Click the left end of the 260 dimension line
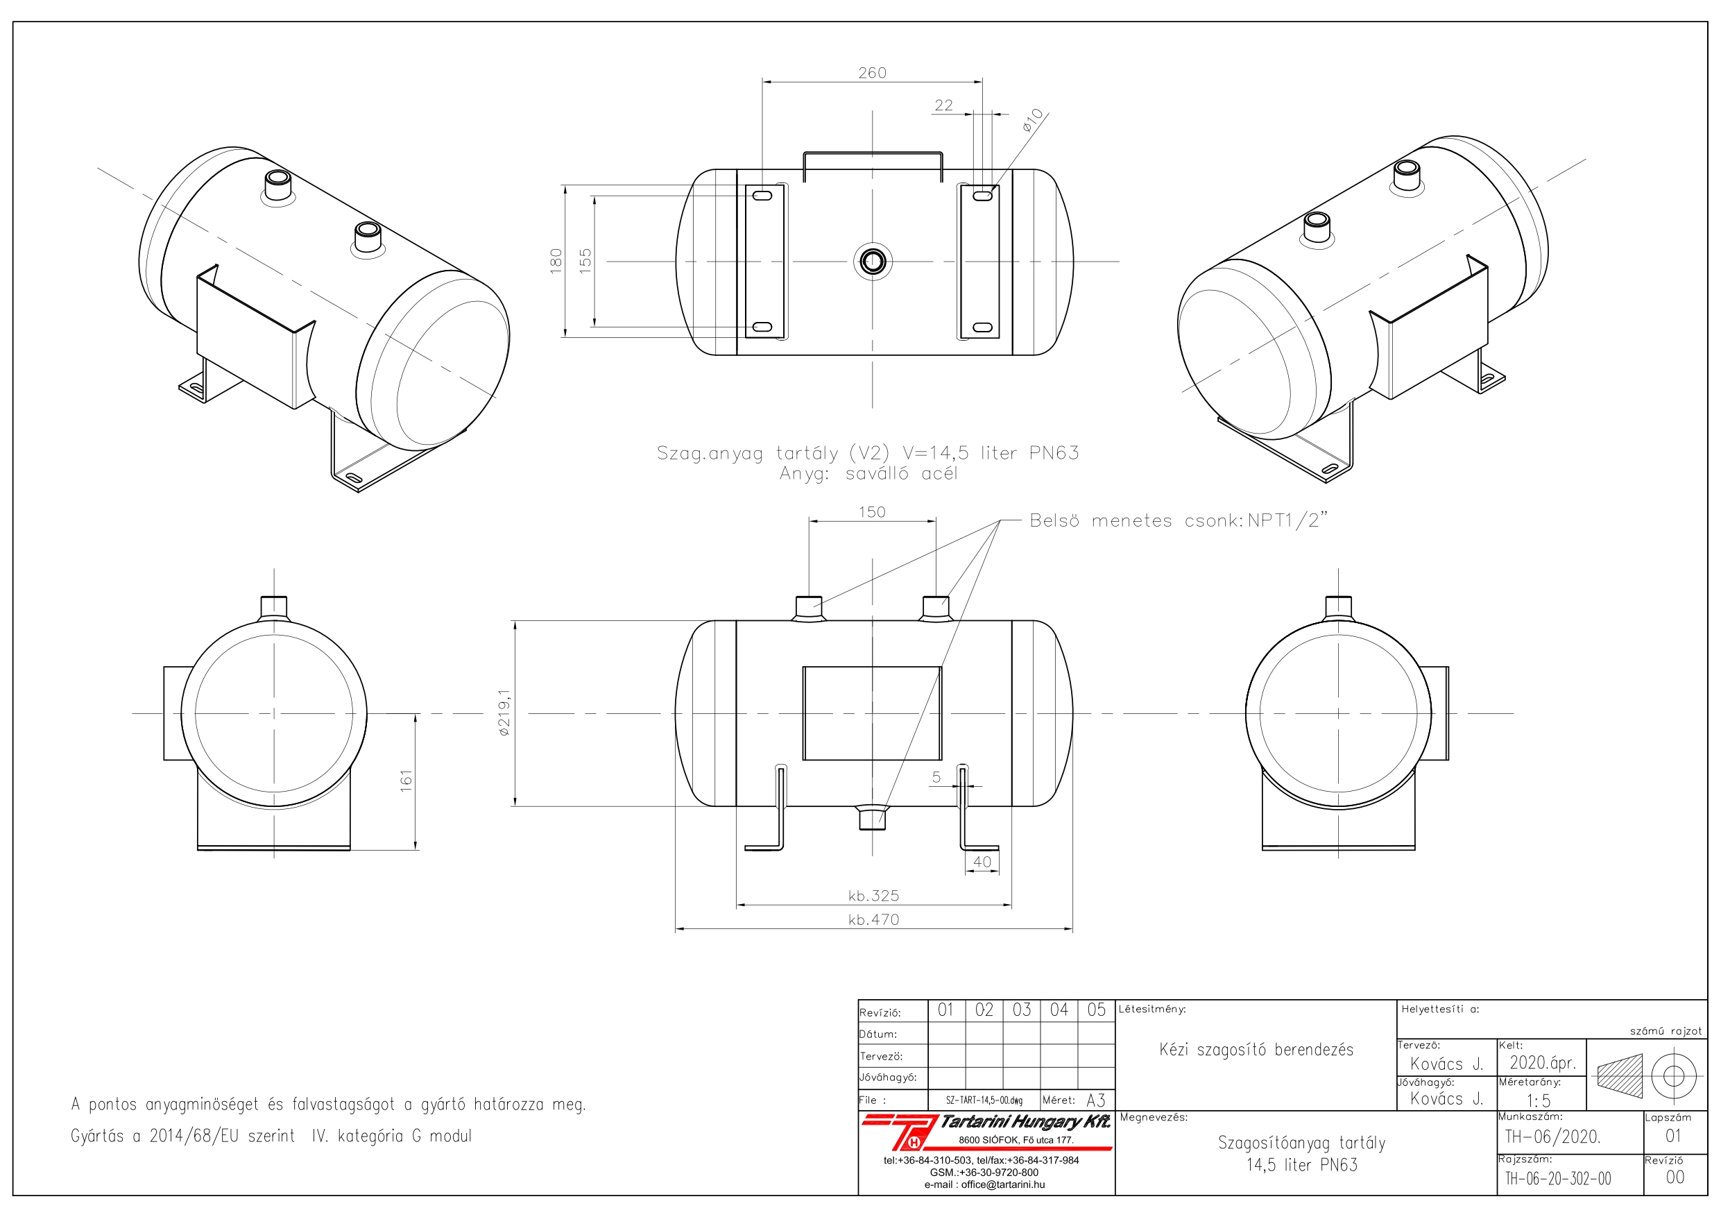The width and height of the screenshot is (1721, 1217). click(x=762, y=82)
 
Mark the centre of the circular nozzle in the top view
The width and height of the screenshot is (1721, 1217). click(x=872, y=262)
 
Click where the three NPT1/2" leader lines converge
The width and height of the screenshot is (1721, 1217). click(x=1002, y=520)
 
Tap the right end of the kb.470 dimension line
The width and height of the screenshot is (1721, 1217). click(x=1072, y=930)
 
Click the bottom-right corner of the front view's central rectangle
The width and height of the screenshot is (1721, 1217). click(x=941, y=760)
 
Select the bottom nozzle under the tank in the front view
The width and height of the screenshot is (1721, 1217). click(x=872, y=817)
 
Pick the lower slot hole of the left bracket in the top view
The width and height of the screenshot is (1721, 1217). click(x=762, y=327)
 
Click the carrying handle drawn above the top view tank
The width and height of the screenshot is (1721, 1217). click(x=873, y=154)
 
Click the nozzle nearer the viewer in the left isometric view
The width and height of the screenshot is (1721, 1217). click(x=367, y=238)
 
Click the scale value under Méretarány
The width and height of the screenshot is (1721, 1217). click(x=1539, y=1100)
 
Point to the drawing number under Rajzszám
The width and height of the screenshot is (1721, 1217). click(x=1557, y=1179)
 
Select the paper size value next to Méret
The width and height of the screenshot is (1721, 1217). click(x=1096, y=1100)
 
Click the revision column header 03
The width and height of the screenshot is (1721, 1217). click(x=1022, y=1010)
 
